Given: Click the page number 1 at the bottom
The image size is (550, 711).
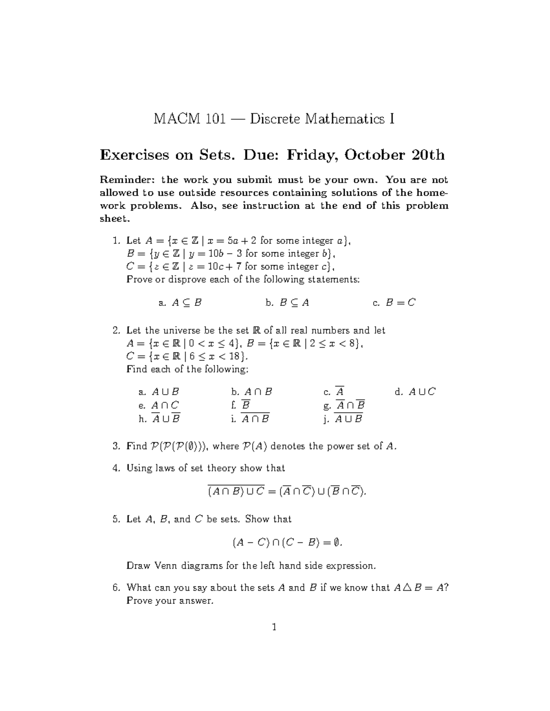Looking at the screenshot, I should pos(274,627).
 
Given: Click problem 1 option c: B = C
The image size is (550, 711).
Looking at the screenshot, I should pos(395,303).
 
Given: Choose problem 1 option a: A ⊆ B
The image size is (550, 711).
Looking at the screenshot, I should pos(180,303).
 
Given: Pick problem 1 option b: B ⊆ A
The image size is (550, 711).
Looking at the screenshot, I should pos(287,303).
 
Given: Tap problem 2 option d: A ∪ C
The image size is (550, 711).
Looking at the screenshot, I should pos(415,392).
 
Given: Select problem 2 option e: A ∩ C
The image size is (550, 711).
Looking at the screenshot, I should pos(159,406).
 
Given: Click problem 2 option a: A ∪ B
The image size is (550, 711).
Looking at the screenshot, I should pos(159,392).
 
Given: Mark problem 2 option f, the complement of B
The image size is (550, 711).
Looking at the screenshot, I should pos(242,406).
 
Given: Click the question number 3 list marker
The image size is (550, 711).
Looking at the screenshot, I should pos(115,446).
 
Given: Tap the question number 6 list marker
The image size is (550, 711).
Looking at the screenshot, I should pos(115,587).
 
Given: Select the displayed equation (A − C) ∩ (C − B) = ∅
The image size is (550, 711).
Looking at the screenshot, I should pos(287,543).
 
